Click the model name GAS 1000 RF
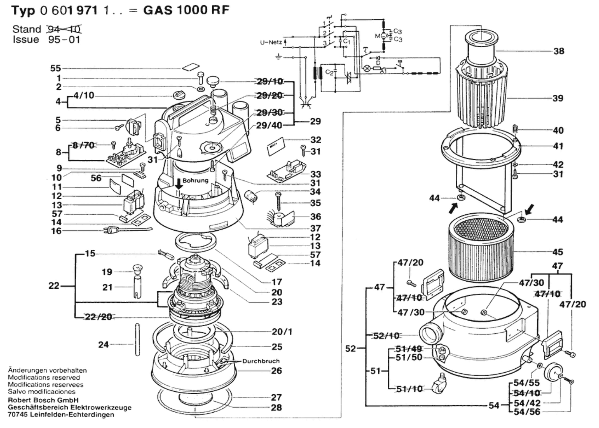(186, 10)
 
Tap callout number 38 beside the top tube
(559, 51)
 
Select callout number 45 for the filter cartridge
(558, 252)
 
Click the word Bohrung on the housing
(195, 180)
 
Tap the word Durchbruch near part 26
(261, 361)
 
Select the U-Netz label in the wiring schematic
(271, 42)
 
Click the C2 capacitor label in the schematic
(329, 72)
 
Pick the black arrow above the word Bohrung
(179, 184)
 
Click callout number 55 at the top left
(56, 68)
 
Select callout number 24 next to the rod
(103, 345)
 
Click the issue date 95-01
(64, 40)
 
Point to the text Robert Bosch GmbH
(43, 400)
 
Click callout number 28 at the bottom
(276, 407)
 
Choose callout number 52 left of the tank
(350, 348)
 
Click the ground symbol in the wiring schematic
(278, 57)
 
